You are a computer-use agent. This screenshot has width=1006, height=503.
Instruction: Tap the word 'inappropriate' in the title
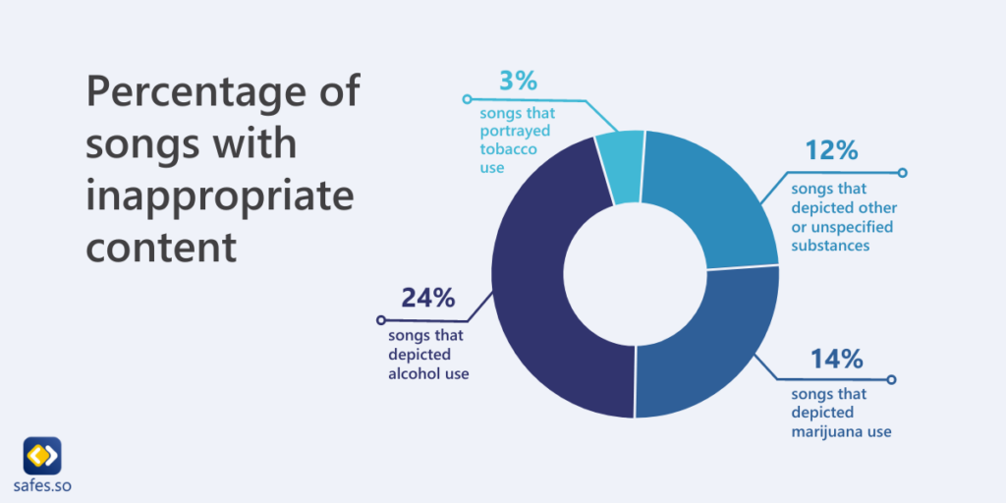(219, 196)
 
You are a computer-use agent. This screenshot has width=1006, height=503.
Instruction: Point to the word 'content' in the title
(162, 247)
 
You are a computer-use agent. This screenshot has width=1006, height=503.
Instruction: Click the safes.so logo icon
(42, 456)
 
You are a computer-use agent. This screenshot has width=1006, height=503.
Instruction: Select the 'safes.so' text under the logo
(42, 486)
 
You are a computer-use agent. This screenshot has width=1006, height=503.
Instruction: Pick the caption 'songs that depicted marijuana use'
(841, 413)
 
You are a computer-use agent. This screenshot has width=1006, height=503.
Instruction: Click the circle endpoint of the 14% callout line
(891, 379)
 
